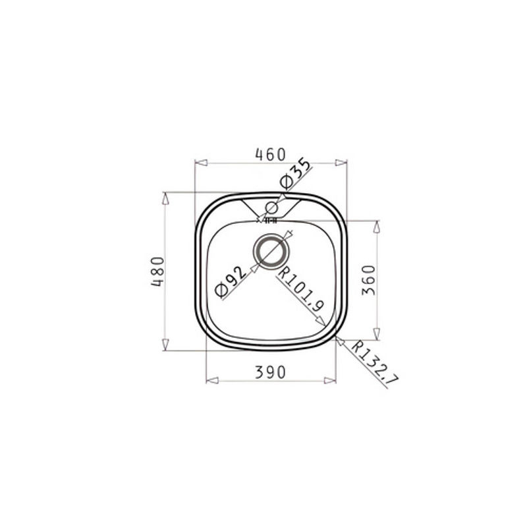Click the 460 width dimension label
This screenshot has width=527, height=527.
tap(270, 155)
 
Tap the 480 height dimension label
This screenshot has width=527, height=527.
tap(157, 271)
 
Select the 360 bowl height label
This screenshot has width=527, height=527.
tap(368, 280)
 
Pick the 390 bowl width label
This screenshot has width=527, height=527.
tap(270, 372)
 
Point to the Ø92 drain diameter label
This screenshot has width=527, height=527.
tap(232, 282)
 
